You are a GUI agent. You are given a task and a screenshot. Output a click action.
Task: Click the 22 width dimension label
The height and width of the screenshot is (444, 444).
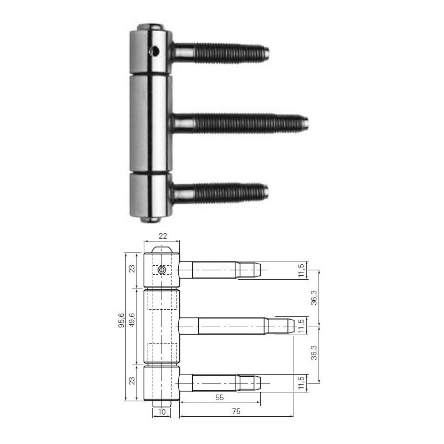[163, 236]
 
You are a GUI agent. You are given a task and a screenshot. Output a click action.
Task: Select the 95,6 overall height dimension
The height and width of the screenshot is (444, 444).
[121, 320]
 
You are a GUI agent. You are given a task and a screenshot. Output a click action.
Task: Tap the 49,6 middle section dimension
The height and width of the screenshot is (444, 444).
[132, 320]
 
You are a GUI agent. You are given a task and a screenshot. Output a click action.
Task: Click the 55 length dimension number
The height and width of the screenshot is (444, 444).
[219, 397]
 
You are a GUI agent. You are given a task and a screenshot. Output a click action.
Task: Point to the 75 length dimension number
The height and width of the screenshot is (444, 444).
[236, 411]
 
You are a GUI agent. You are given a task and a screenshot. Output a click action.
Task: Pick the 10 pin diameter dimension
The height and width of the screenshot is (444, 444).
[162, 412]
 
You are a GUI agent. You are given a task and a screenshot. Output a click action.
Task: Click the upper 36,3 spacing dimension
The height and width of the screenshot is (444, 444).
[314, 297]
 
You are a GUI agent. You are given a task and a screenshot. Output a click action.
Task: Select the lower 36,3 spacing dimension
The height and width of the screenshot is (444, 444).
[314, 352]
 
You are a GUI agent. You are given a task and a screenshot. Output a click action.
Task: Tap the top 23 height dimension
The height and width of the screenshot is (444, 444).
[132, 269]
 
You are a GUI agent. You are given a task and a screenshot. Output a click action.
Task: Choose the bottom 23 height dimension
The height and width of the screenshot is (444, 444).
[132, 381]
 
